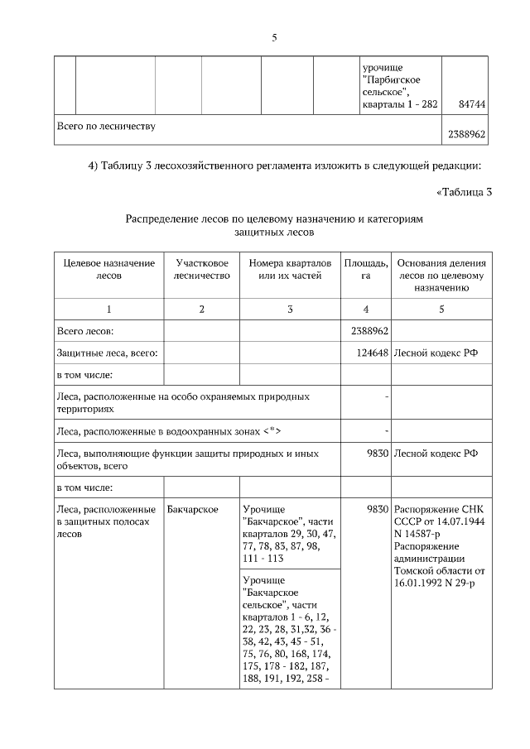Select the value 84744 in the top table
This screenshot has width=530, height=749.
click(x=470, y=104)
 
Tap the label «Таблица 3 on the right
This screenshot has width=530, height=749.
click(x=464, y=192)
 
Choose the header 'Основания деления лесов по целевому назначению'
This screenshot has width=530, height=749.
click(x=441, y=275)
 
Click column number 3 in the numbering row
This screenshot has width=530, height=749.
click(x=290, y=309)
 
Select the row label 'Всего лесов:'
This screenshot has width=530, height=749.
click(x=84, y=331)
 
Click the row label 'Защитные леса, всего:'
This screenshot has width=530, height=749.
click(x=107, y=353)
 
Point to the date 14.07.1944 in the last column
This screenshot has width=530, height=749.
click(x=461, y=521)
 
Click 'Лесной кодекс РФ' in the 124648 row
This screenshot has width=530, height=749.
click(x=436, y=353)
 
